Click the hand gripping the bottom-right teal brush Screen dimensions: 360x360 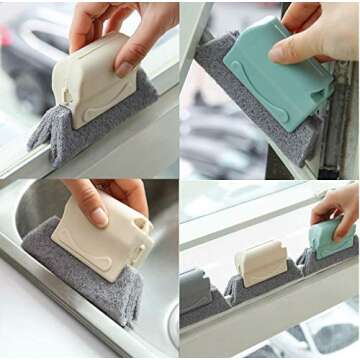[x=338, y=205]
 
